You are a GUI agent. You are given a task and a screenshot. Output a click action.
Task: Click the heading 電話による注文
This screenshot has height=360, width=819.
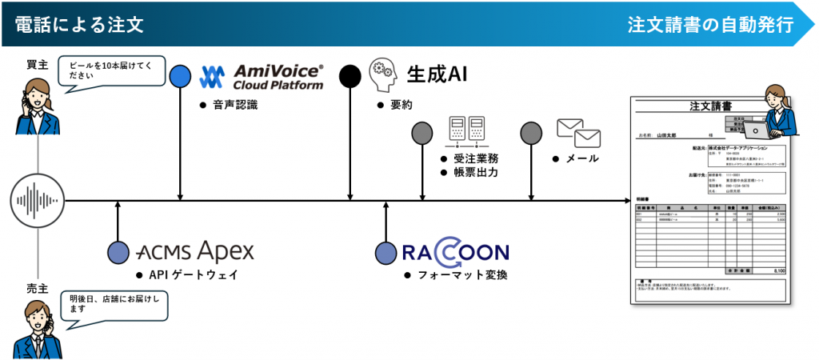(78, 24)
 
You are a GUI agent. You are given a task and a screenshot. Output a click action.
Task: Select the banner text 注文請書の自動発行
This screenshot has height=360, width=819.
(710, 24)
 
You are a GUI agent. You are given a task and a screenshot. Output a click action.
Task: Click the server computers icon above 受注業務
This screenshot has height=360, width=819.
(465, 131)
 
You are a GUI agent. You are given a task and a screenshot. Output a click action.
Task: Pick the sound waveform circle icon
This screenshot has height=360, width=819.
(38, 201)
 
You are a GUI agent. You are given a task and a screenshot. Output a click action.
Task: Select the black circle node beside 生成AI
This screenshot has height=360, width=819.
(350, 77)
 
